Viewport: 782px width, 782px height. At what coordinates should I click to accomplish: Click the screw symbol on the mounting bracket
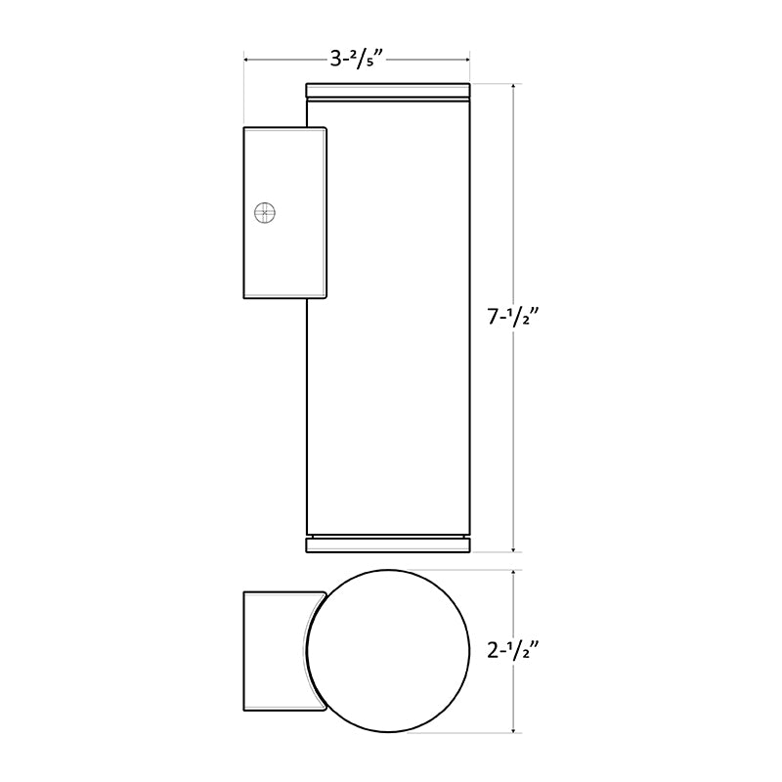click(263, 212)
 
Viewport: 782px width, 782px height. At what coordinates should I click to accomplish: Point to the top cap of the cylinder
click(389, 92)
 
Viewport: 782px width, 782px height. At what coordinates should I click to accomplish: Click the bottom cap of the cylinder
click(389, 544)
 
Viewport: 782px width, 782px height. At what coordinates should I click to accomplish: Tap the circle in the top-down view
click(389, 650)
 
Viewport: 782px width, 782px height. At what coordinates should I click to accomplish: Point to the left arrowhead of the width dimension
click(248, 62)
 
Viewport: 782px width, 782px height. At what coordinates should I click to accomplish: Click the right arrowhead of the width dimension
click(466, 62)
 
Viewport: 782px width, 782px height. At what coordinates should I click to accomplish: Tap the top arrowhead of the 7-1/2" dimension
click(514, 89)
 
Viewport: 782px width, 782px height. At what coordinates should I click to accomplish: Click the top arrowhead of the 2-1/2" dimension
click(514, 575)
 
